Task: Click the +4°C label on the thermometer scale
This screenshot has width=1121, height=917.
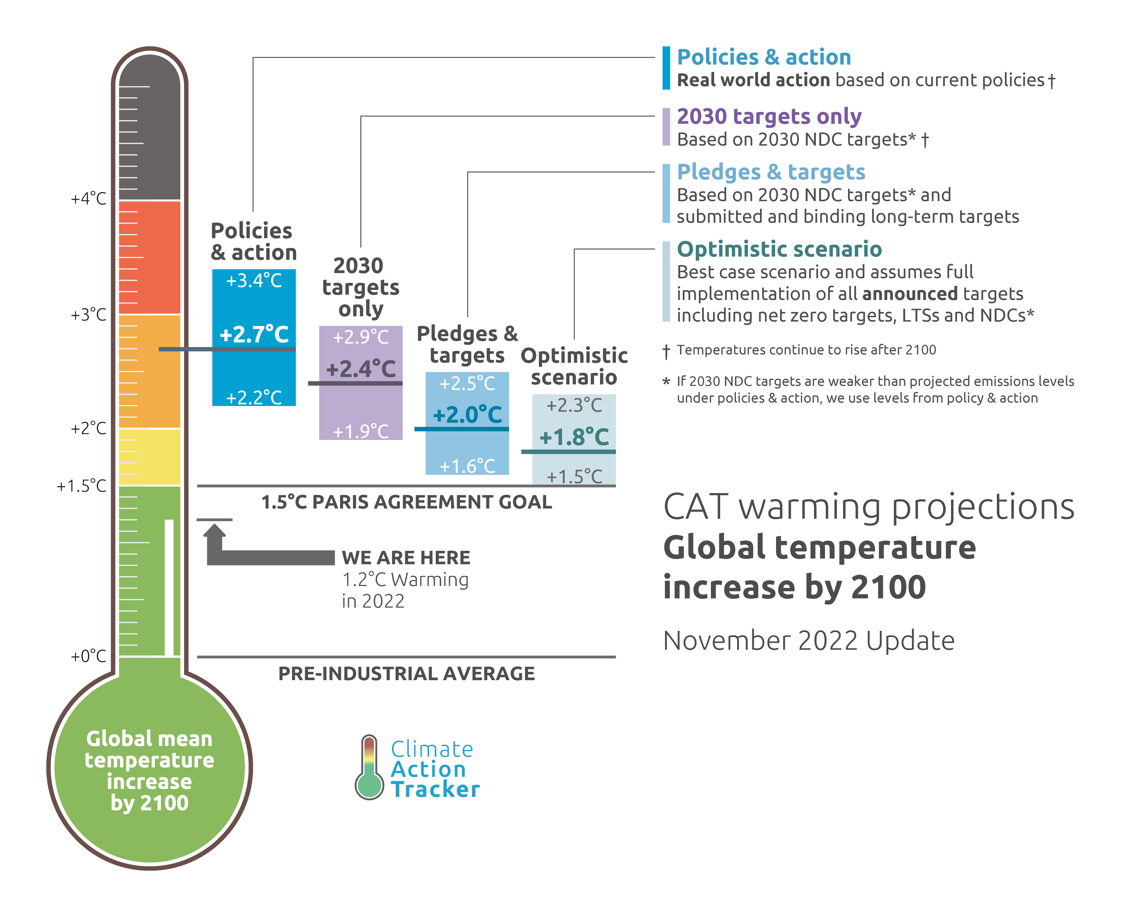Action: tap(88, 199)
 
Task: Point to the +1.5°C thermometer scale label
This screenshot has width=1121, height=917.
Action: tap(81, 486)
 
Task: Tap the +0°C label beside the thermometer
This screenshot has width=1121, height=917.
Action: tap(88, 657)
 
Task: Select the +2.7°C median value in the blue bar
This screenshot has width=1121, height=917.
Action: tap(254, 334)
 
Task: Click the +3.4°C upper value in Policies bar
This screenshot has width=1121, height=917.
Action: tap(254, 280)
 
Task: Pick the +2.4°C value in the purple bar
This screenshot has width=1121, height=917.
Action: tap(361, 369)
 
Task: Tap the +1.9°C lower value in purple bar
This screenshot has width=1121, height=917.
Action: tap(361, 432)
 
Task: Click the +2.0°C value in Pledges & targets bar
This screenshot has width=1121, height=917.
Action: tap(468, 415)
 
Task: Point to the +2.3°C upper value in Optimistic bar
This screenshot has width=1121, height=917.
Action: tap(574, 406)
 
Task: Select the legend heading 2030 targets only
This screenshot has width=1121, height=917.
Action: tap(769, 116)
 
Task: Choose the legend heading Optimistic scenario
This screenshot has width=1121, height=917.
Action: tap(779, 249)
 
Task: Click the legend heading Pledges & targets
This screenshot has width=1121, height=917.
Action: tap(771, 172)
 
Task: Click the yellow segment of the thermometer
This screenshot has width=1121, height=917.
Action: tap(149, 457)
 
